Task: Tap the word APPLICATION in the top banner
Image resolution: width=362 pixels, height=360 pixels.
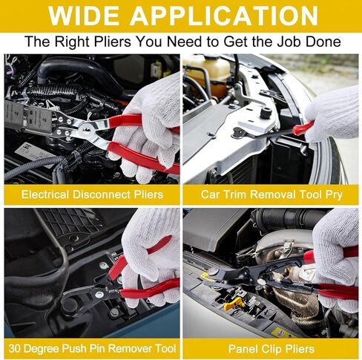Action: point(224,16)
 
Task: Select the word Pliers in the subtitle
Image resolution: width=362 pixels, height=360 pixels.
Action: point(112,42)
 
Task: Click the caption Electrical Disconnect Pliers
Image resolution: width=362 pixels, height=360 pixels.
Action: point(92,194)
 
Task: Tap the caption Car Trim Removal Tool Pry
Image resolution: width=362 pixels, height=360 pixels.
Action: point(271,194)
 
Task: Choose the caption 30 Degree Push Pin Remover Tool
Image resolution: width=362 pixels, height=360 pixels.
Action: point(92,349)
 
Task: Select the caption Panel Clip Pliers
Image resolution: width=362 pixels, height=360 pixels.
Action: point(271,349)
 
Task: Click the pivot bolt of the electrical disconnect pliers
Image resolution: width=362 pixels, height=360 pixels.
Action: point(86,129)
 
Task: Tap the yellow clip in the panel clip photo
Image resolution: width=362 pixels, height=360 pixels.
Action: point(233,304)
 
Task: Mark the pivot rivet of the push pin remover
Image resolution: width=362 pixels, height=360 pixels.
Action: point(99,294)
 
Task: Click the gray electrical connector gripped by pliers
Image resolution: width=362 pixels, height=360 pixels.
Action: point(28,117)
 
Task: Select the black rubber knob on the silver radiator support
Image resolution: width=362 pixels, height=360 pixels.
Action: point(266,113)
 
